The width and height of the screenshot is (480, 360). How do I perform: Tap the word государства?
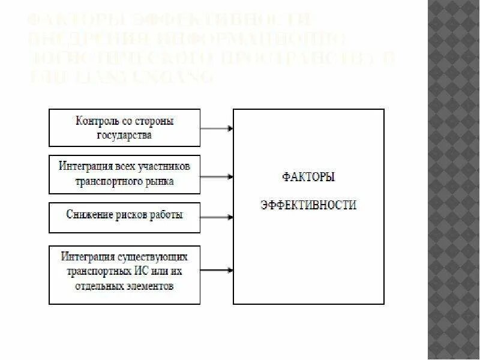[124, 135]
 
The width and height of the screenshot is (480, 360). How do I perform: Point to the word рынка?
[160, 181]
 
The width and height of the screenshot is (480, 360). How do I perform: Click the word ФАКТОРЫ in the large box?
[308, 178]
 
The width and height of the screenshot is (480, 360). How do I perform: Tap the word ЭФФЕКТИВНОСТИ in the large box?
[308, 205]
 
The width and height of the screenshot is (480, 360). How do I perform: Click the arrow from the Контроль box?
[217, 128]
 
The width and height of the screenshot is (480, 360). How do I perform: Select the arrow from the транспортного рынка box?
[217, 176]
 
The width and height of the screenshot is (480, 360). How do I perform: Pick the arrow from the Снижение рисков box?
[217, 217]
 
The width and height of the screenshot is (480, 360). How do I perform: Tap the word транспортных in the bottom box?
[95, 271]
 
